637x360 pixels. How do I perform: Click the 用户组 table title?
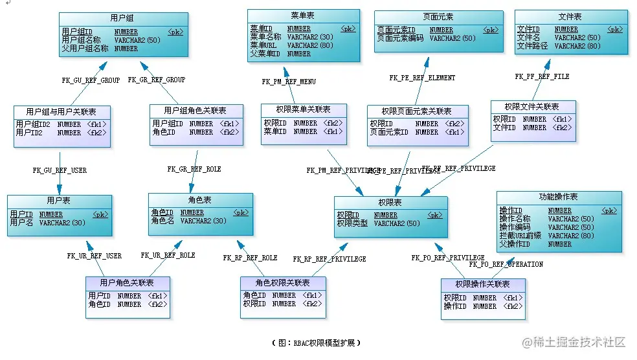pyautogui.click(x=123, y=18)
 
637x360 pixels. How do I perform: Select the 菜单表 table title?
pyautogui.click(x=304, y=15)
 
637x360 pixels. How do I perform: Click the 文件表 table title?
pyautogui.click(x=570, y=16)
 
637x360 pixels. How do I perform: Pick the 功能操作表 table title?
pyautogui.click(x=558, y=197)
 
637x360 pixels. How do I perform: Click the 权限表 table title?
pyautogui.click(x=390, y=203)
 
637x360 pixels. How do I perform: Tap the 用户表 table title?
pyautogui.click(x=59, y=201)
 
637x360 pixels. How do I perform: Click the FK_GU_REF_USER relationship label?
pyautogui.click(x=60, y=170)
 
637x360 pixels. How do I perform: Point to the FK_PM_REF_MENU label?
pyautogui.click(x=289, y=82)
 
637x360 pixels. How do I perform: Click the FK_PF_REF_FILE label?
pyautogui.click(x=542, y=76)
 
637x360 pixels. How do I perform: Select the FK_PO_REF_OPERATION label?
pyautogui.click(x=506, y=264)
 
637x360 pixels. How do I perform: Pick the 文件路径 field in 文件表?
pyautogui.click(x=532, y=46)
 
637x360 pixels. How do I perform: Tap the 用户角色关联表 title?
pyautogui.click(x=127, y=283)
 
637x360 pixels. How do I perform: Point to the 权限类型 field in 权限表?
pyautogui.click(x=352, y=223)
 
